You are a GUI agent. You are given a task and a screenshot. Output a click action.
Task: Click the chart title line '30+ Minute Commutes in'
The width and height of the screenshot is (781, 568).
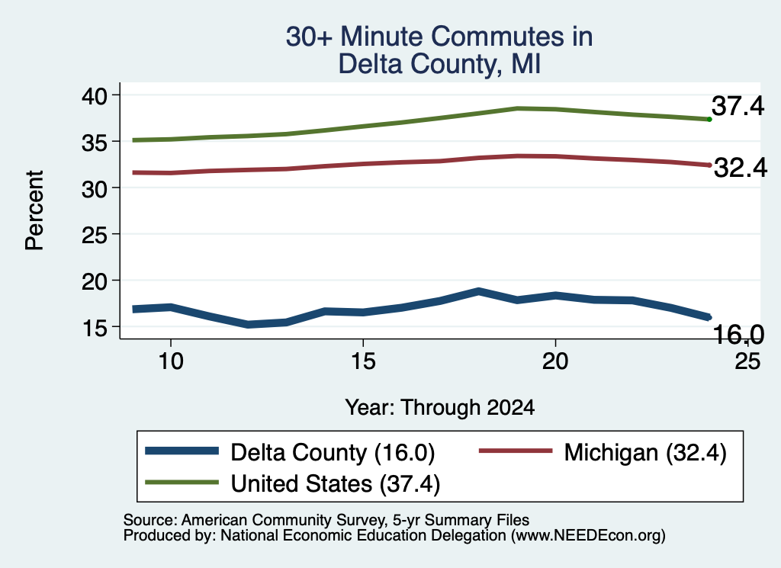point(439,37)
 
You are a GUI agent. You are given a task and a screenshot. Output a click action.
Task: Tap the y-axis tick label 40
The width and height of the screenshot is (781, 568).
point(94,95)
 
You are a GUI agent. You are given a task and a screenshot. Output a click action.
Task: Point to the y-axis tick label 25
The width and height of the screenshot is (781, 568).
point(94,235)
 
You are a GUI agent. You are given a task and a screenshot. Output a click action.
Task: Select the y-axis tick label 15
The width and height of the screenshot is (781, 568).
point(94,328)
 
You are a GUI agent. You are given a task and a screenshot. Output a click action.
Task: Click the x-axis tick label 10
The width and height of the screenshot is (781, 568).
point(171,361)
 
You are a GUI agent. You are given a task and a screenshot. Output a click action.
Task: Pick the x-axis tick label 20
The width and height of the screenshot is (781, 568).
point(555,361)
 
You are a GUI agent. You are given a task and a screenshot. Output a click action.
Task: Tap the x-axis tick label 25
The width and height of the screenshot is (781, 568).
point(747,361)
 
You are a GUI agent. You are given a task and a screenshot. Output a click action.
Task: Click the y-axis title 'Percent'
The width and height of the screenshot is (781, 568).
point(34,210)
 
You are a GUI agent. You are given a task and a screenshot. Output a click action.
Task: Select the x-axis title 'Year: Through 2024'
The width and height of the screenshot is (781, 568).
point(440,407)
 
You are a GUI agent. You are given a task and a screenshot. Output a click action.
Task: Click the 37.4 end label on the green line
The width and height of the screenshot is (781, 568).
point(738,106)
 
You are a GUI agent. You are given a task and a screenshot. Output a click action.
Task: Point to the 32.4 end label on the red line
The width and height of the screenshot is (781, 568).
point(741,168)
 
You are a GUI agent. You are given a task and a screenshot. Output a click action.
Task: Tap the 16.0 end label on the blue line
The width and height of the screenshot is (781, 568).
point(738,334)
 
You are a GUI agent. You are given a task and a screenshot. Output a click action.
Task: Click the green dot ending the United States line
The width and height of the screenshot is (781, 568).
point(709,119)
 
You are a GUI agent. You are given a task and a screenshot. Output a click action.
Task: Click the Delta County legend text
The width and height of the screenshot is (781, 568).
point(333,453)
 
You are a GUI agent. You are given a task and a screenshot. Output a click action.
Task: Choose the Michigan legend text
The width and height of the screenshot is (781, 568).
point(645,453)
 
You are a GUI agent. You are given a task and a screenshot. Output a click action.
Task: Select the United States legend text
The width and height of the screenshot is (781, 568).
point(336,484)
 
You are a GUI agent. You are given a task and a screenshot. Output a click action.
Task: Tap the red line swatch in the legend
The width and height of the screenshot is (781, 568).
point(516,451)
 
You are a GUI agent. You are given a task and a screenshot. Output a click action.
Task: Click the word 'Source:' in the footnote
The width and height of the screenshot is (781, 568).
point(150,520)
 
